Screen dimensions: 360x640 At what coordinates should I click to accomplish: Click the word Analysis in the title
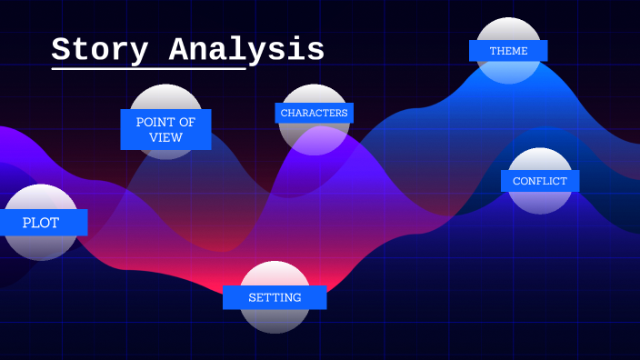pos(246,49)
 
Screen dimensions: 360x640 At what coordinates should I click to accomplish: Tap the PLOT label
pos(41,223)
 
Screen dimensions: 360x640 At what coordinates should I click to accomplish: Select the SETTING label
pos(275,297)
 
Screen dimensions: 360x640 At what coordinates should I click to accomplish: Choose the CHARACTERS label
pos(314,113)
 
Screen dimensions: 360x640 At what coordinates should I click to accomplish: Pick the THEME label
pos(508,51)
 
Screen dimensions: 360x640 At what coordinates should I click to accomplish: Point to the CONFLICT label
pos(540,181)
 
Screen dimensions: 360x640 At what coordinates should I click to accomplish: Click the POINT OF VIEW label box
pos(165,129)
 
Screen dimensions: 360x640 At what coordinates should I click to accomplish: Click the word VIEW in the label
pos(165,138)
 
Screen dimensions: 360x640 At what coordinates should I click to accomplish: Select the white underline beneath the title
pos(148,68)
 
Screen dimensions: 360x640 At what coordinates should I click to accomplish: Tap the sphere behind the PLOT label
pos(41,245)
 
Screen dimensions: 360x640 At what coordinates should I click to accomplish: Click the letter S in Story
pos(62,49)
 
